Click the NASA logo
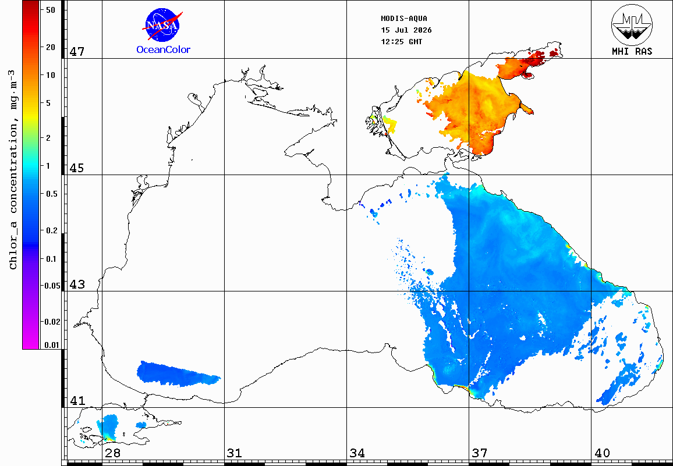coord(162,25)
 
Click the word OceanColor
coord(163,50)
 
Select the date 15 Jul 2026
coord(406,30)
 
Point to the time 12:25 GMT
coord(401,42)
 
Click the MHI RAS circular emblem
coord(632,24)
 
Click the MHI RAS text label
coord(632,52)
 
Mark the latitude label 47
coord(77,52)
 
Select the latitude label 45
coord(77,168)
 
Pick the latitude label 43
coord(77,284)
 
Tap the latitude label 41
coord(77,401)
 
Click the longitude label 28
coord(112,453)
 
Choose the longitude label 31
coord(235,453)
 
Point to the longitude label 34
coord(357,453)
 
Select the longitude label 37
coord(480,453)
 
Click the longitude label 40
coord(602,453)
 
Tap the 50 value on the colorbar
coord(51,10)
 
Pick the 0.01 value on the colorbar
coord(52,345)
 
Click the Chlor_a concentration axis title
coord(13,169)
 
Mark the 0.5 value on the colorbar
coord(51,194)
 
